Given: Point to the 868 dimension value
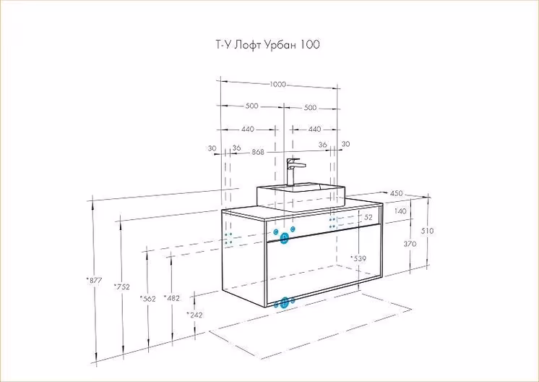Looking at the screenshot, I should (x=258, y=152).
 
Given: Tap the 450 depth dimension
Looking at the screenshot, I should (x=397, y=193).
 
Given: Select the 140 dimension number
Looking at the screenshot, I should (x=401, y=211).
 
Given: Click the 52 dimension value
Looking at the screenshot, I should (x=368, y=217).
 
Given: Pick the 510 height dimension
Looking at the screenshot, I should (x=427, y=231).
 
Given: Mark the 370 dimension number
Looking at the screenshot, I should (x=410, y=245).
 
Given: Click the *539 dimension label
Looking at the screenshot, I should (x=358, y=258).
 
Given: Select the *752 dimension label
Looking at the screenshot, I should (x=121, y=287).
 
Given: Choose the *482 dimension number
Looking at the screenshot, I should (x=171, y=297).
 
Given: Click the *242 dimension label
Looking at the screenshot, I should (x=194, y=315).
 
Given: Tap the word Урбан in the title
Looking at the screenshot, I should (x=281, y=45).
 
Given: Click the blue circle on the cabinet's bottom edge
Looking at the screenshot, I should (x=285, y=302).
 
